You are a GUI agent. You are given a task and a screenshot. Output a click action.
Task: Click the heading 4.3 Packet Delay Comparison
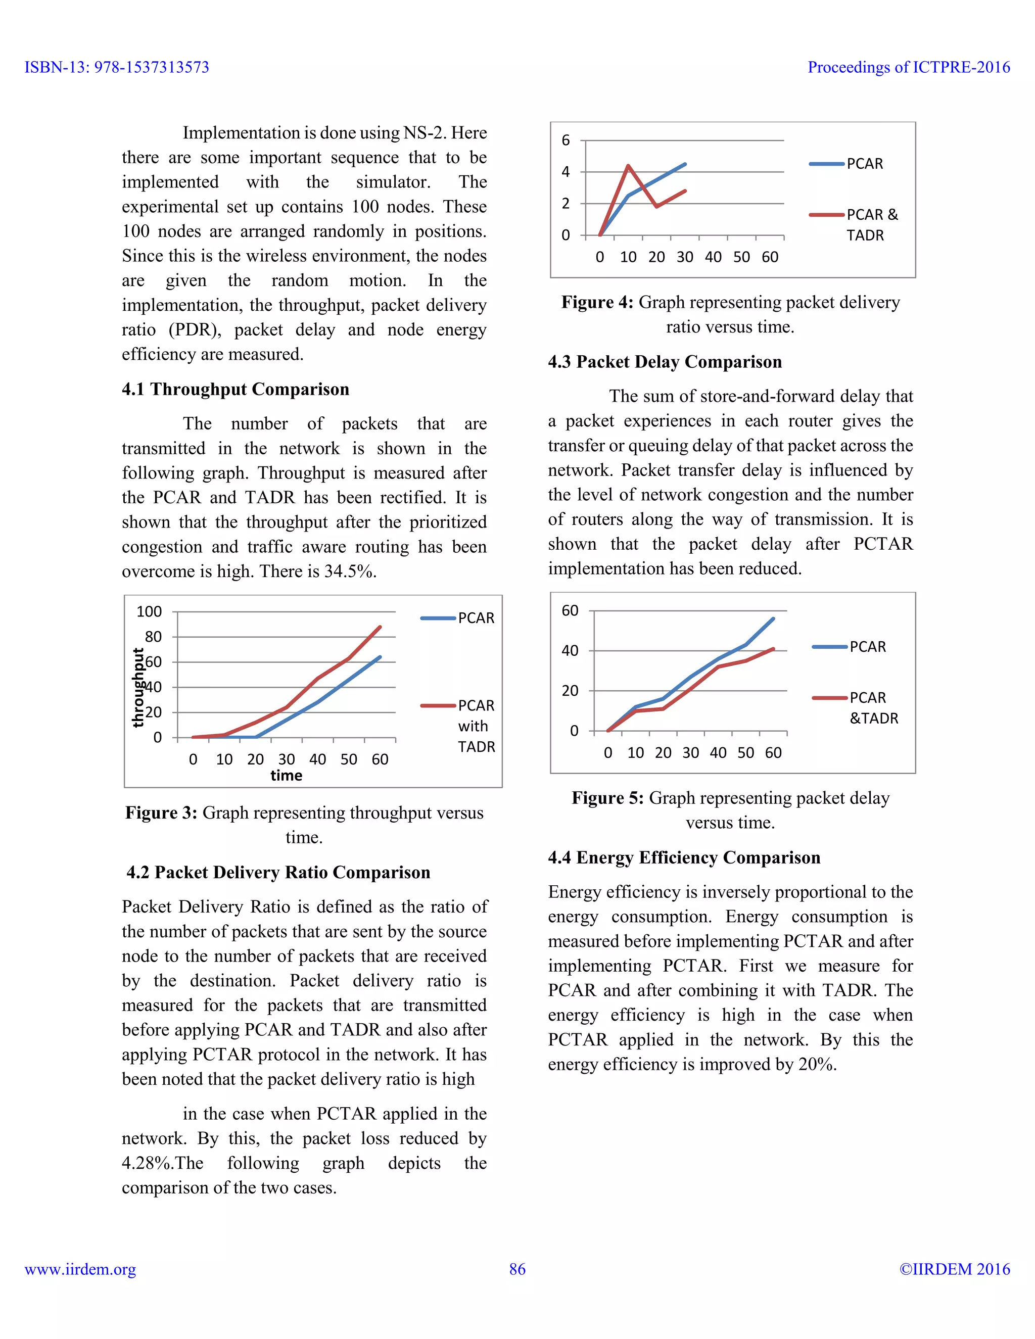pyautogui.click(x=665, y=362)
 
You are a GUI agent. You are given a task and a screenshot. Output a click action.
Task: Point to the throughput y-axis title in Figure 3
pyautogui.click(x=138, y=687)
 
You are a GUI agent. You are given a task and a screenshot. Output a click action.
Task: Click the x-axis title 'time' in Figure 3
pyautogui.click(x=287, y=776)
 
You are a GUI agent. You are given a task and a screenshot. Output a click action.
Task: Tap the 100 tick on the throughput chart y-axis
pyautogui.click(x=149, y=612)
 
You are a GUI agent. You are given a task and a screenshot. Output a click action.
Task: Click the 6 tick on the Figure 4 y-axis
pyautogui.click(x=566, y=140)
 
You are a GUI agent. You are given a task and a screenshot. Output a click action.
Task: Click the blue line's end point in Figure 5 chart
pyautogui.click(x=773, y=619)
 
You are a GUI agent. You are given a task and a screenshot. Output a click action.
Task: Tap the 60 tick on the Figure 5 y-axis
pyautogui.click(x=570, y=611)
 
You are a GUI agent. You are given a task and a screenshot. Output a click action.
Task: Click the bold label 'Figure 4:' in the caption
pyautogui.click(x=597, y=302)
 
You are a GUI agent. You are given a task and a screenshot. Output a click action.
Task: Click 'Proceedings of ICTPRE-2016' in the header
pyautogui.click(x=908, y=67)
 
